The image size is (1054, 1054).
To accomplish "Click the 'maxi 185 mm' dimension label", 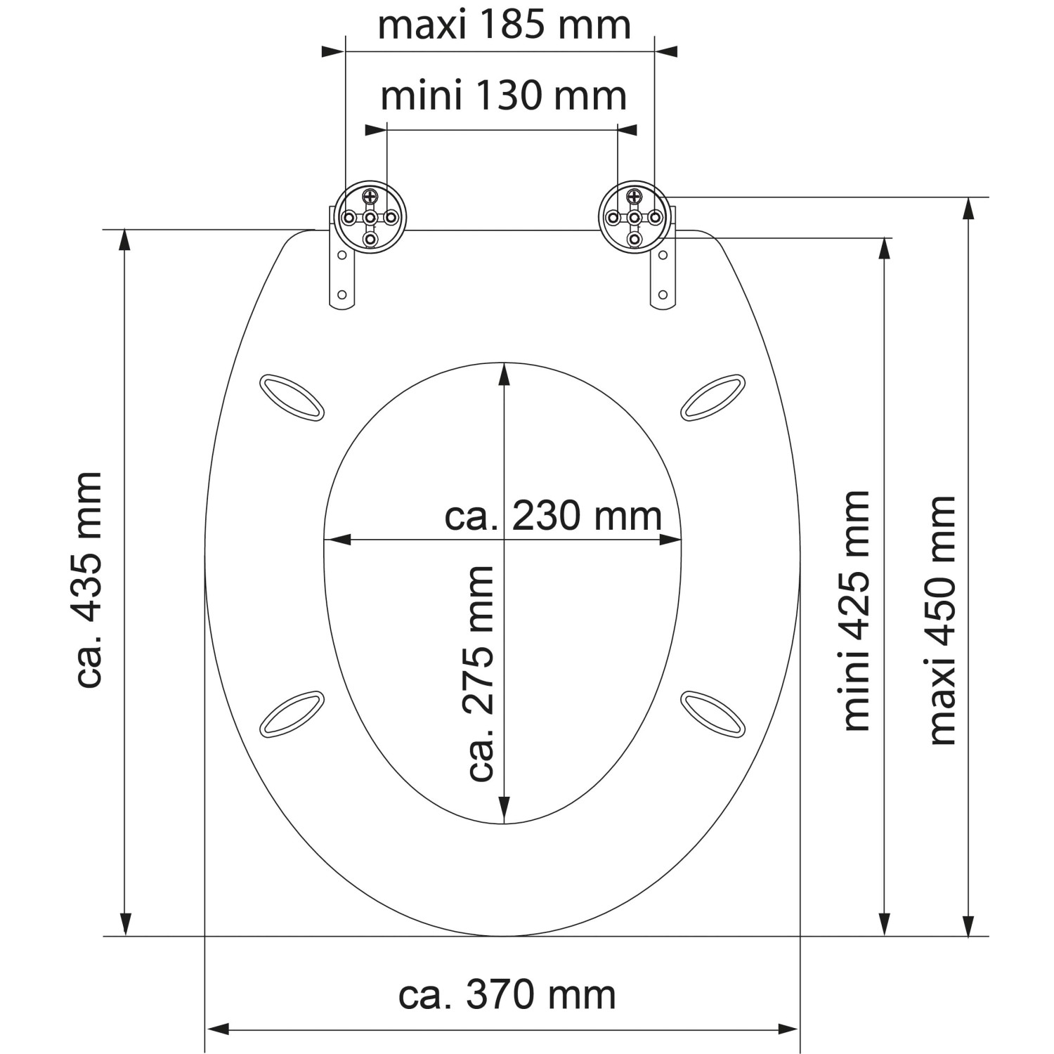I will tap(504, 25).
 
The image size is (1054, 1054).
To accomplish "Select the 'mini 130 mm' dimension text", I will tap(503, 96).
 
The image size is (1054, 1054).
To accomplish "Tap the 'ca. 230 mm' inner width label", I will tap(553, 516).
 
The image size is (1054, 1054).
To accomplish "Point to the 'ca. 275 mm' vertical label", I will tap(481, 673).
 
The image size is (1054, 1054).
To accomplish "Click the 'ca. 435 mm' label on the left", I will tap(89, 580).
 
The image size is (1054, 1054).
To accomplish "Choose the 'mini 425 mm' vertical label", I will tap(856, 611).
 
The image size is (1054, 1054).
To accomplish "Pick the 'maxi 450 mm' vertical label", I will tap(943, 620).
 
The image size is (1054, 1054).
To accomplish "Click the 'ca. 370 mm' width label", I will tap(507, 995).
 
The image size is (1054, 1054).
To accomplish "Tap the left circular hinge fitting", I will tap(370, 218).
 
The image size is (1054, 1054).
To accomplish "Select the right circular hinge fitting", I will tap(634, 218).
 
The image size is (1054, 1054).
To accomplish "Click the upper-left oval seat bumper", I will tap(292, 398).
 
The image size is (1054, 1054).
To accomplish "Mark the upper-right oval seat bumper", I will tap(713, 398).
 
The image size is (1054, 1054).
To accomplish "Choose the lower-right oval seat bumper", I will tap(713, 713).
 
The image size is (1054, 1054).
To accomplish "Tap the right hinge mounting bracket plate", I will tap(662, 278).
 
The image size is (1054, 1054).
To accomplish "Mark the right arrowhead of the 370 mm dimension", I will tap(788, 1030).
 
